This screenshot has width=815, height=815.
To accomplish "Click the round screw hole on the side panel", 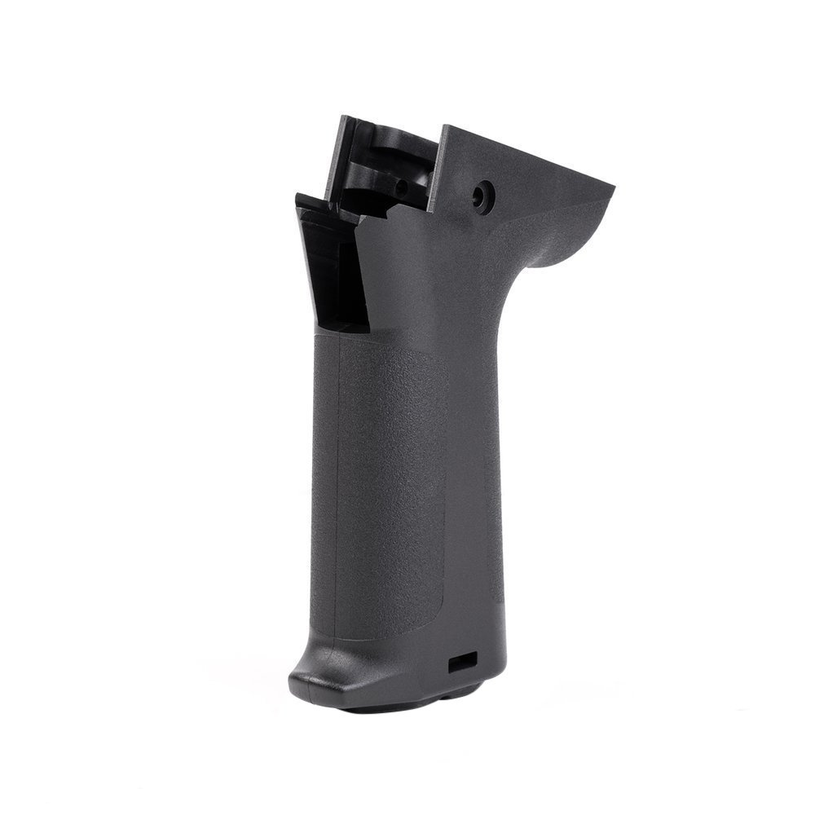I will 483,196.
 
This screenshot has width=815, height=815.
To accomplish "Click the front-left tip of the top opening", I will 298,198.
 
